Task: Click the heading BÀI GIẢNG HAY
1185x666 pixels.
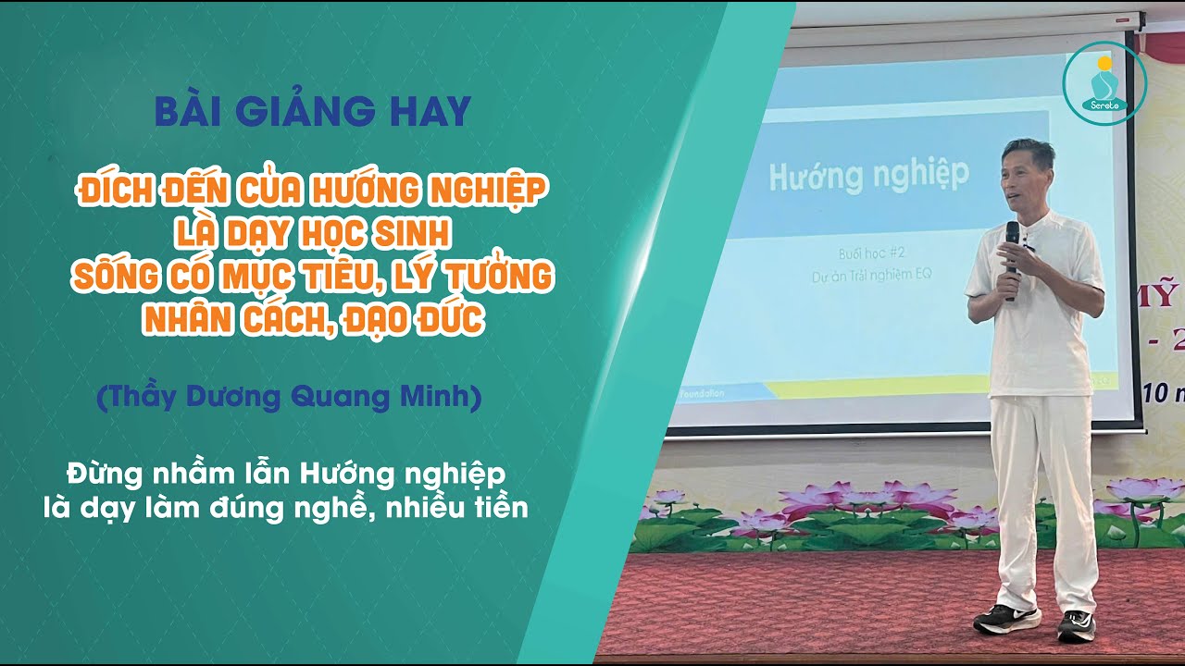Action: pos(312,112)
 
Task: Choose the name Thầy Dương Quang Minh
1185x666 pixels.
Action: pos(289,398)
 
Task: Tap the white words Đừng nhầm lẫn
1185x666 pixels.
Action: pos(177,475)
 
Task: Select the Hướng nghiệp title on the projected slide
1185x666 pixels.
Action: pos(869,173)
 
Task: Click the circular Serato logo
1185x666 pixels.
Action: pos(1104,83)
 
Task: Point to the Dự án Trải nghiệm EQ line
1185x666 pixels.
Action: pos(868,274)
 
